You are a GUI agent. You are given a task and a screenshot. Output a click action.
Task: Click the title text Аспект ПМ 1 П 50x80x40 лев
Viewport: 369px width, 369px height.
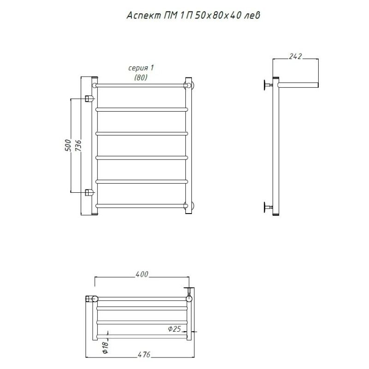(x=193, y=16)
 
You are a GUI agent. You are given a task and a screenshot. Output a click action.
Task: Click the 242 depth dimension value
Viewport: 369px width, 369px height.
(x=295, y=56)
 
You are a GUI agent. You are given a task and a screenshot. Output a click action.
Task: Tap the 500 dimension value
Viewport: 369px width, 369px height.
(x=68, y=145)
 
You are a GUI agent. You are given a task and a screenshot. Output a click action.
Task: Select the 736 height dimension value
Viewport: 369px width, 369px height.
(x=78, y=145)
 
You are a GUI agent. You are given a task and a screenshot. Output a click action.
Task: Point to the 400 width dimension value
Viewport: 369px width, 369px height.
(x=142, y=274)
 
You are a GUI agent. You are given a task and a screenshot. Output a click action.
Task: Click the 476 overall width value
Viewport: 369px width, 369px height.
(x=143, y=354)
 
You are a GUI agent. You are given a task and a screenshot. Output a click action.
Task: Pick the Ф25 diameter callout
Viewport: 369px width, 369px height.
(x=174, y=328)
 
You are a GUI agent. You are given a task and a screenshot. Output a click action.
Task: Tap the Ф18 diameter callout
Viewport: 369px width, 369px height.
(x=105, y=347)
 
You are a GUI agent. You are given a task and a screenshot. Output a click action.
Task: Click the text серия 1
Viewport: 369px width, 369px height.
(x=141, y=68)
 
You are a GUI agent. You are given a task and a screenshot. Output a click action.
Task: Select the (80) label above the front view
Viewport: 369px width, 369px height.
(x=141, y=77)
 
